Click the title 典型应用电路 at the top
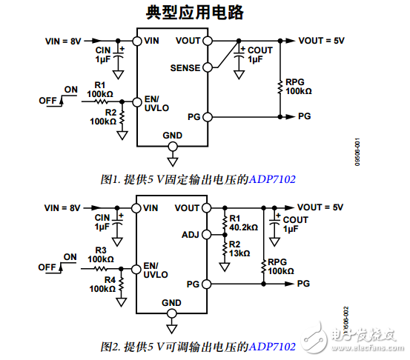(204, 13)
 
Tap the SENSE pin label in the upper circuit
(185, 67)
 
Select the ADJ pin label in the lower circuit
(191, 235)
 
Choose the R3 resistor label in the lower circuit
(100, 250)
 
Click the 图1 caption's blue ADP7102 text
(272, 179)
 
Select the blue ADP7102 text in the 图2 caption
(272, 347)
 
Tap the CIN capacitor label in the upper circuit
(102, 50)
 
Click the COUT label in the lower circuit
(295, 220)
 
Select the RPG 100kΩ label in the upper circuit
(298, 86)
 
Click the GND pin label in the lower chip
(171, 302)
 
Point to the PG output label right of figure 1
(304, 117)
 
